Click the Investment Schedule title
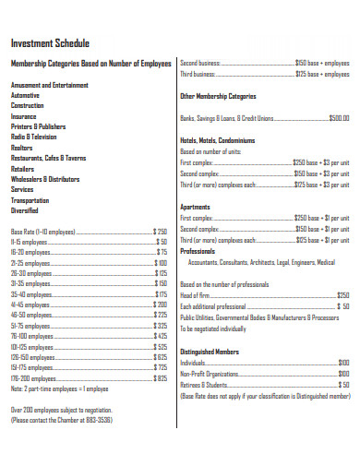click(x=50, y=43)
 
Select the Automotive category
click(x=26, y=95)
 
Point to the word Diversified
click(x=25, y=209)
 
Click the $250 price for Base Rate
click(x=160, y=232)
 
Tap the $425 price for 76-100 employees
click(x=161, y=336)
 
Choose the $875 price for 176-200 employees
click(x=161, y=378)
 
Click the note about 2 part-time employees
click(x=61, y=388)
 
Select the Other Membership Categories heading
click(x=218, y=96)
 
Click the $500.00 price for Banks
click(x=339, y=118)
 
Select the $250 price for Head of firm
click(x=342, y=295)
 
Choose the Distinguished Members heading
click(x=210, y=352)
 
